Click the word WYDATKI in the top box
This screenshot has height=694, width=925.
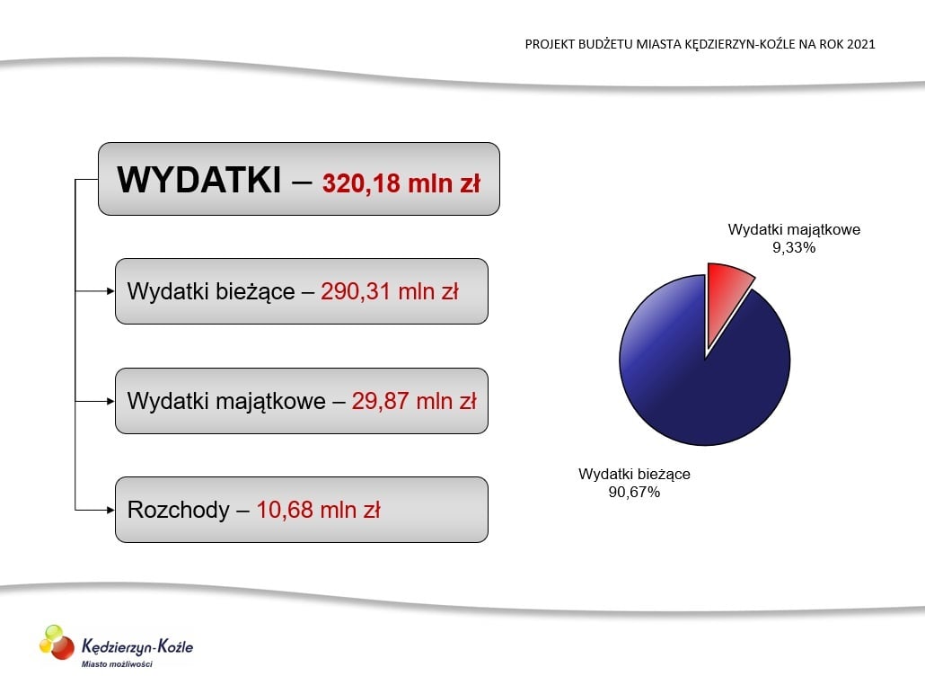tap(198, 180)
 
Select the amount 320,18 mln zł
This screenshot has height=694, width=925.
tap(401, 182)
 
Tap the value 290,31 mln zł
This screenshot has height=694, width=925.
tap(390, 291)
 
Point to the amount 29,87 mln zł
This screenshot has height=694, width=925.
tap(413, 401)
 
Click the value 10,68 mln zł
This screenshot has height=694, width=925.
tap(318, 510)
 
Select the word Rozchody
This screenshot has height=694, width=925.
tap(178, 510)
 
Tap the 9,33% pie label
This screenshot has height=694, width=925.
tap(794, 248)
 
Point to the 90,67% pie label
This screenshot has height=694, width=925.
tap(634, 492)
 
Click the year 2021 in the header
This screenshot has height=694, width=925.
tap(860, 44)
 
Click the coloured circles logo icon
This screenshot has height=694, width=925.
tap(57, 643)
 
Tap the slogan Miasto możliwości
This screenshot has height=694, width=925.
tap(117, 663)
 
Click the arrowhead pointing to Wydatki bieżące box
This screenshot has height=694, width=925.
tap(110, 291)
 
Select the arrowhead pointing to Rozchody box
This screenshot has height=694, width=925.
tap(110, 510)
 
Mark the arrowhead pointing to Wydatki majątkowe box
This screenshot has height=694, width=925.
tap(110, 401)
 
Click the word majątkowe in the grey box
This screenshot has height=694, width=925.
tap(270, 402)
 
